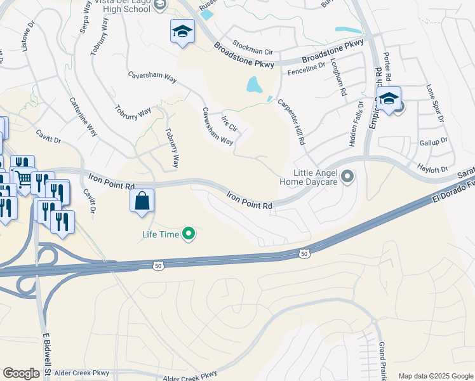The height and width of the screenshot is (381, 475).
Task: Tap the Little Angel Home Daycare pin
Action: coord(347,177)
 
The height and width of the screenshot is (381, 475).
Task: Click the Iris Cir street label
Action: coord(229,123)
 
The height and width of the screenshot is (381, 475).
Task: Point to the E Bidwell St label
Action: coord(47,355)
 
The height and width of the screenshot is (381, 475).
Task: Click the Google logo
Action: coord(22,373)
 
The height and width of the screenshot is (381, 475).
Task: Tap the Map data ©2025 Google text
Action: coord(435,376)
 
